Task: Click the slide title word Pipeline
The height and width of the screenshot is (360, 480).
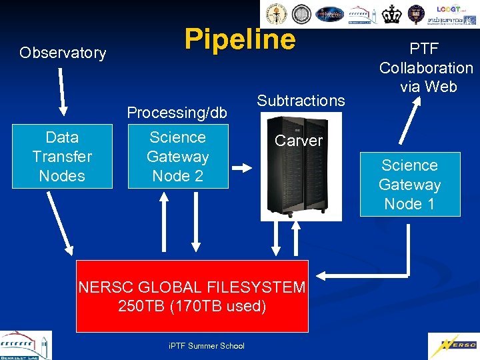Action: click(240, 39)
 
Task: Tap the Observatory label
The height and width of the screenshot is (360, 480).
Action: click(63, 53)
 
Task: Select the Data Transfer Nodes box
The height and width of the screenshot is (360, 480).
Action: click(62, 157)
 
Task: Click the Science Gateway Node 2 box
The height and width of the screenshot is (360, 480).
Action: click(178, 157)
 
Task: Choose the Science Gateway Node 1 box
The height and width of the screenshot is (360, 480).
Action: click(410, 185)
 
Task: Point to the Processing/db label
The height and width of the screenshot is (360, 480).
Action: click(177, 113)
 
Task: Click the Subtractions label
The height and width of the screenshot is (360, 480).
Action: click(301, 101)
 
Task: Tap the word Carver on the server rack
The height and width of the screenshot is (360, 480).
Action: click(299, 141)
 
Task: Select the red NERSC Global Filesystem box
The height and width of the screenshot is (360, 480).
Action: click(192, 296)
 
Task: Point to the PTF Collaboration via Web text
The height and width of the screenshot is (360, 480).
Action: click(426, 67)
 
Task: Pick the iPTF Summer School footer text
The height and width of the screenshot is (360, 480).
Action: click(207, 345)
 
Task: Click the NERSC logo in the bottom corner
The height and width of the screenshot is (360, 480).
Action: click(453, 345)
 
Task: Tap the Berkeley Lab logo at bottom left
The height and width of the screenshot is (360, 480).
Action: click(25, 345)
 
